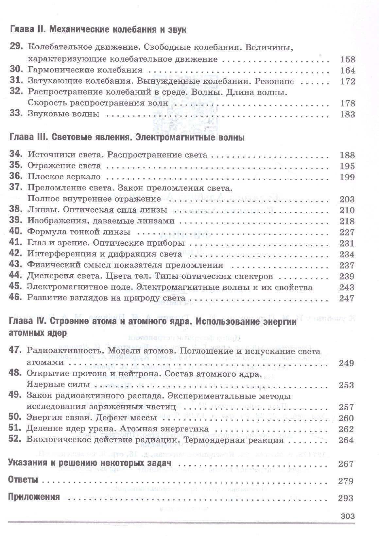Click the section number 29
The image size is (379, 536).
point(16,47)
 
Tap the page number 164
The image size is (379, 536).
point(347,70)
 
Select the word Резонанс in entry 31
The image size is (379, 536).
point(274,81)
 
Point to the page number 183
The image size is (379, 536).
point(347,114)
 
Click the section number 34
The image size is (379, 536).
point(16,154)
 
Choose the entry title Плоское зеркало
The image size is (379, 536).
point(64,177)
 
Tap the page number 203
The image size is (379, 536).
point(347,199)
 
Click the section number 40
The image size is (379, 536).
point(16,232)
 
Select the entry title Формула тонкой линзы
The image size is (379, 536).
point(79,232)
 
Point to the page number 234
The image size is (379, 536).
point(347,254)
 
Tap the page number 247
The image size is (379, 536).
point(347,298)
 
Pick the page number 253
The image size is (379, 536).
point(346,385)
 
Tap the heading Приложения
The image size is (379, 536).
point(34,497)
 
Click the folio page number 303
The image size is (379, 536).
point(347,516)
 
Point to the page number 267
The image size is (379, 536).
point(346,464)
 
